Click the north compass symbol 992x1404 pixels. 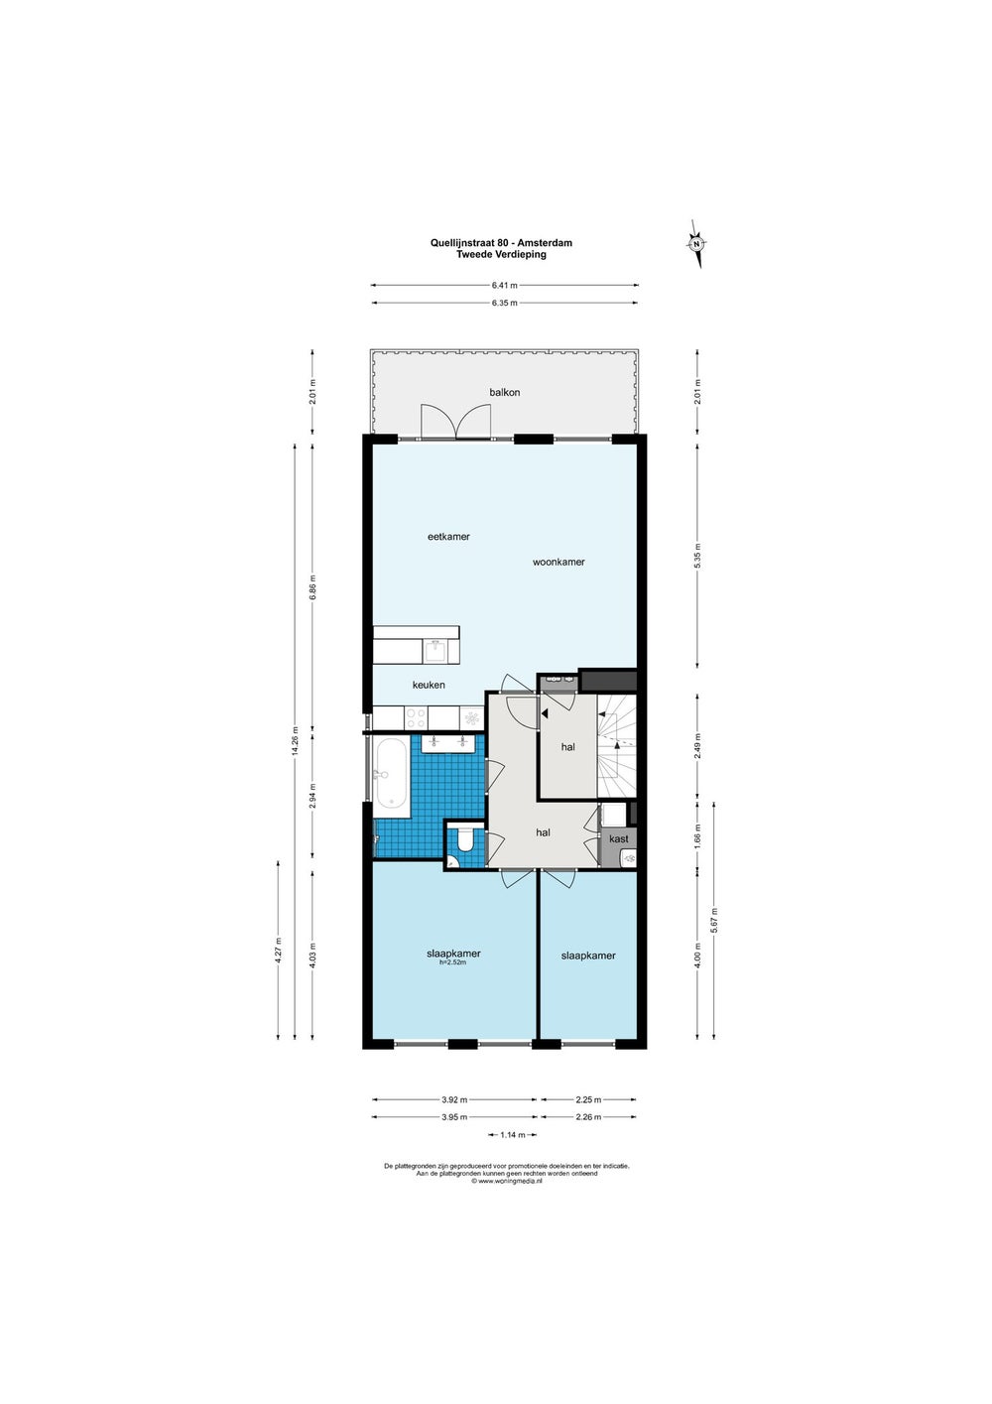click(695, 244)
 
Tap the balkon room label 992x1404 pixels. click(505, 392)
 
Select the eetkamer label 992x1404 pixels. click(448, 537)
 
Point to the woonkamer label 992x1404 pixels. click(558, 562)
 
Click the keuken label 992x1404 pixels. click(429, 685)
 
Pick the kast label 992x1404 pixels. click(618, 838)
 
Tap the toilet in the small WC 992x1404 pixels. click(465, 840)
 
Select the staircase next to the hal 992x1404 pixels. click(617, 746)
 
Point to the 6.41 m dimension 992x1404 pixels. click(505, 285)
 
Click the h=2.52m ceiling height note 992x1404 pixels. click(453, 962)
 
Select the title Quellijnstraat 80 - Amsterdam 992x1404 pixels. click(501, 242)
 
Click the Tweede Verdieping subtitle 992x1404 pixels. click(501, 254)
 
